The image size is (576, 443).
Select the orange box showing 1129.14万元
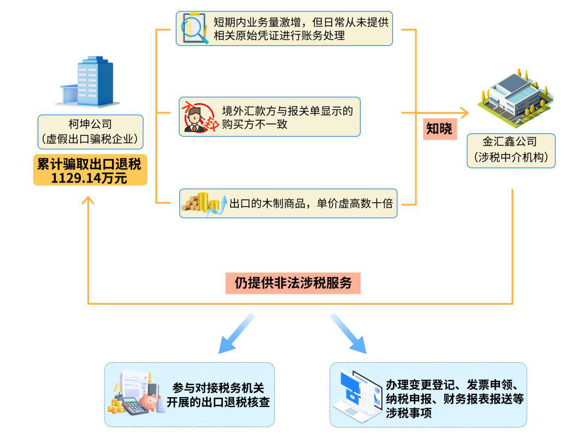(90, 170)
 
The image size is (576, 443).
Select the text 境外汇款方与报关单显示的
(287, 111)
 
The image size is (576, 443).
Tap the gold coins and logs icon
(202, 204)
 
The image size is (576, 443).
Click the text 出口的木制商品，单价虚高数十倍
(311, 204)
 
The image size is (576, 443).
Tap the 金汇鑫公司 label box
(511, 150)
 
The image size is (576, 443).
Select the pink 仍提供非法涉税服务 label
(293, 283)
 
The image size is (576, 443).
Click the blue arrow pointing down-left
(236, 335)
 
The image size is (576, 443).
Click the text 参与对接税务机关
(218, 388)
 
